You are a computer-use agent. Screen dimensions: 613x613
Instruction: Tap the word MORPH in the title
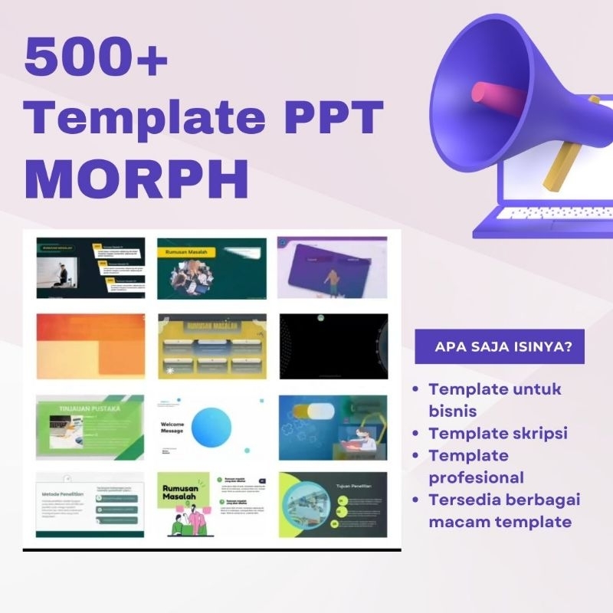tap(137, 177)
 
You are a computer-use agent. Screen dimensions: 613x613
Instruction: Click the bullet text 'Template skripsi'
tap(498, 433)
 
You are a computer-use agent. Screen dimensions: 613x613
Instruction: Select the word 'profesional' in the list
tap(476, 477)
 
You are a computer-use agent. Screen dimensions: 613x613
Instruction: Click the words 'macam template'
tap(500, 522)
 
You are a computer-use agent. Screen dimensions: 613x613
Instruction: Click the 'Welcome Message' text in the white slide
tap(173, 428)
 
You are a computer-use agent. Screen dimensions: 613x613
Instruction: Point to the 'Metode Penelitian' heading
tap(63, 493)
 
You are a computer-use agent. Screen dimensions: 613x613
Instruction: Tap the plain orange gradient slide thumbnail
tap(90, 347)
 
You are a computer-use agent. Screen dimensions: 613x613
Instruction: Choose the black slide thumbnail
tap(333, 347)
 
